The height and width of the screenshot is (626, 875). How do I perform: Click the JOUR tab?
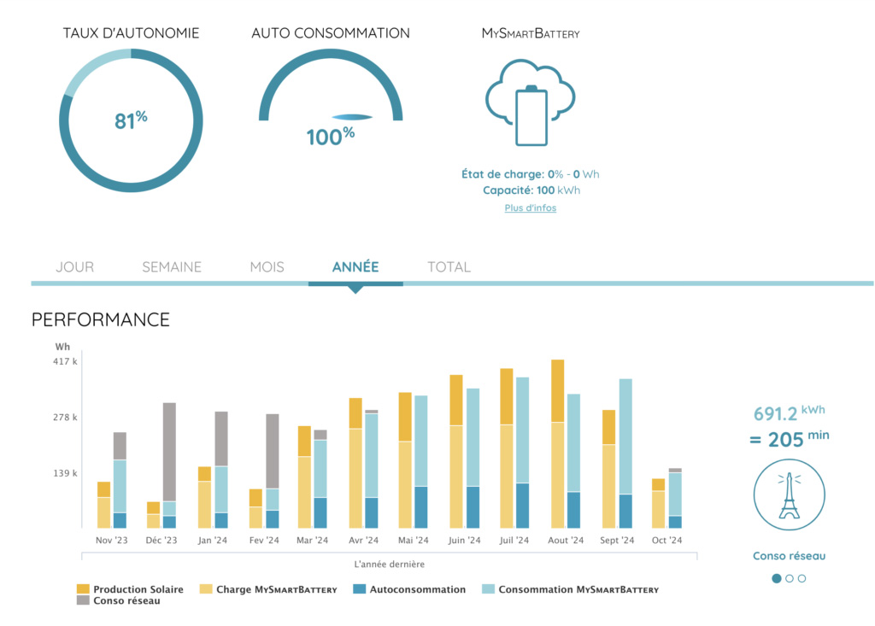tap(74, 267)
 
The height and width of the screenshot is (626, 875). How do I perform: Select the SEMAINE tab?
tap(172, 267)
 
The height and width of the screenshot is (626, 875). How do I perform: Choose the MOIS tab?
tap(267, 267)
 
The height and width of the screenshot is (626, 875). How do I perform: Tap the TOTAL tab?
tap(449, 267)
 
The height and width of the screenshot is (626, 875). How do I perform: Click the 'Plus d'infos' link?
tap(530, 208)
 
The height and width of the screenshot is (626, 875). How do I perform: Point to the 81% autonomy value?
tap(131, 120)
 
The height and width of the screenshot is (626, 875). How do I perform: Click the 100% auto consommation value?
tap(330, 136)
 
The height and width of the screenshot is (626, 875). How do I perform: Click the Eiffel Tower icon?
tap(789, 494)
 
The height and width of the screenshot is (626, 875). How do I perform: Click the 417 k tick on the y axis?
tap(67, 362)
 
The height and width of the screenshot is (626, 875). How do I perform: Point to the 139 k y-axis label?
tap(67, 473)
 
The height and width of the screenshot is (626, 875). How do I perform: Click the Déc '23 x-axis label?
tap(161, 541)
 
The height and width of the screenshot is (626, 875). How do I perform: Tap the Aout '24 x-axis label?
tap(566, 541)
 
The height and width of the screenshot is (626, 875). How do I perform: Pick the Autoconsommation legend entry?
tap(410, 589)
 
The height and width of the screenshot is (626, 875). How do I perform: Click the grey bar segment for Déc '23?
tap(169, 452)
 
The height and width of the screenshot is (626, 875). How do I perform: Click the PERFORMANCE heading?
tap(101, 320)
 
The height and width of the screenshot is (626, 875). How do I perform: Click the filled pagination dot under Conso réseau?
tap(777, 578)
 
